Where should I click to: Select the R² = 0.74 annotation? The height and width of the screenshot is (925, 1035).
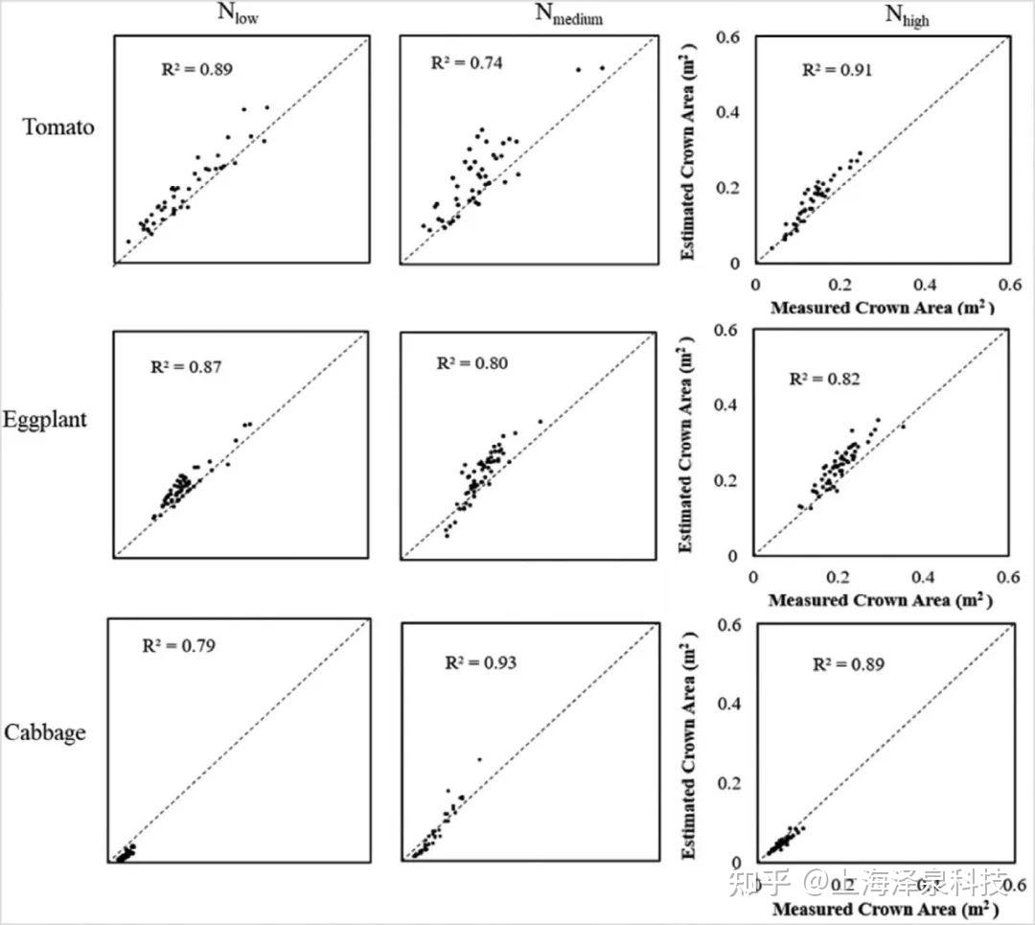tap(467, 62)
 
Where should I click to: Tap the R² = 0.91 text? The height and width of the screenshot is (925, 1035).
tap(836, 70)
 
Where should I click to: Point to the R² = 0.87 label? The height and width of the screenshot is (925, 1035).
tap(187, 366)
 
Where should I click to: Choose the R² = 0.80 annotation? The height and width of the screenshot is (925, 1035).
tap(472, 363)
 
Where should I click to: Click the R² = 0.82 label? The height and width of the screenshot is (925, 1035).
tap(824, 379)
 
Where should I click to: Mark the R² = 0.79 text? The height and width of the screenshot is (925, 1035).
tap(178, 645)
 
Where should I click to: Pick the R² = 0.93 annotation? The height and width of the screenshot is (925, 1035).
tap(480, 662)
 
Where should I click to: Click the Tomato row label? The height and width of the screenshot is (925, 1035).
tap(59, 127)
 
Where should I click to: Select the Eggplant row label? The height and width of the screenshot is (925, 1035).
tap(45, 420)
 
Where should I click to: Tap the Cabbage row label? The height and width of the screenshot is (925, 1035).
tap(45, 732)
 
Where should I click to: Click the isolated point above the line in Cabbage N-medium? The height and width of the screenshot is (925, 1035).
tap(479, 759)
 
